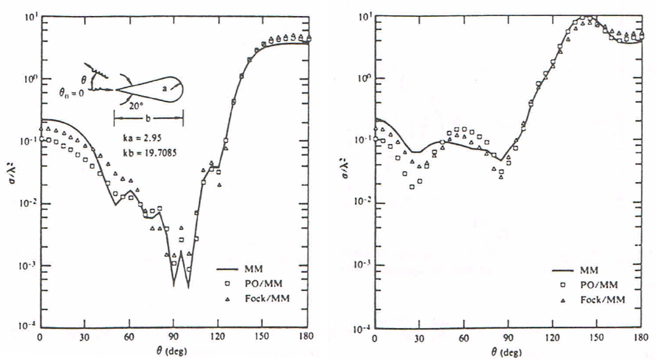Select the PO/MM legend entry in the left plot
coord(258,284)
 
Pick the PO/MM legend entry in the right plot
coord(593,285)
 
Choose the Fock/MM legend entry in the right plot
coord(597,299)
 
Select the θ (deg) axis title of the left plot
coord(175,352)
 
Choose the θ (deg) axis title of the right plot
coord(510,352)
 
